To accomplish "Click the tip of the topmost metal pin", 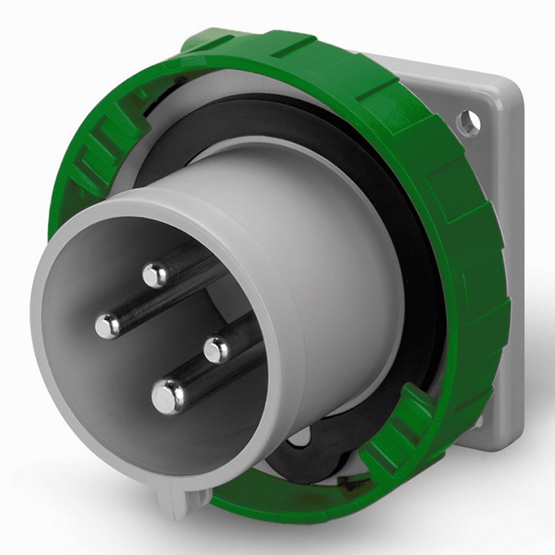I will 155,275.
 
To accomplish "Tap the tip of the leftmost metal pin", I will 108,325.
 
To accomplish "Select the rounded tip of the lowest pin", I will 167,396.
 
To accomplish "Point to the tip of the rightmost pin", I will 217,349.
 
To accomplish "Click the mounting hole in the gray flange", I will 468,123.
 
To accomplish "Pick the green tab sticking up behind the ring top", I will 208,38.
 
